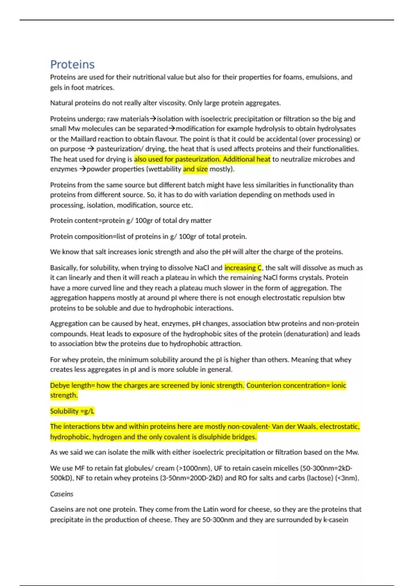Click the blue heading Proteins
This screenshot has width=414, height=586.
[x=72, y=64]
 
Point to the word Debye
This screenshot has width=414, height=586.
[x=60, y=385]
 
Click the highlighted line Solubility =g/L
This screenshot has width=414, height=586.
[x=72, y=411]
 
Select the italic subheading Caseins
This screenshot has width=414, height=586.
[x=62, y=494]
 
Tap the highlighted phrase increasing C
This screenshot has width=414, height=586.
[x=243, y=268]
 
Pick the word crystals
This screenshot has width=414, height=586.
[x=309, y=278]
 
